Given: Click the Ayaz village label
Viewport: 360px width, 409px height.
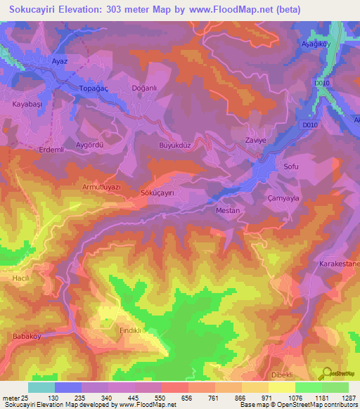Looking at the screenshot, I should pyautogui.click(x=59, y=61).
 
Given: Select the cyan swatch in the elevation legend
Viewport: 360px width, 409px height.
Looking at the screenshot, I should pyautogui.click(x=41, y=387).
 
